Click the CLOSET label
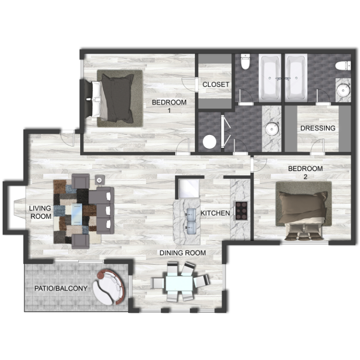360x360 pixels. [216, 84]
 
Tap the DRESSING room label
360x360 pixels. [318, 128]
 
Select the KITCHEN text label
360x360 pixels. [215, 213]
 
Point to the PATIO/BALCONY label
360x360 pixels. [61, 288]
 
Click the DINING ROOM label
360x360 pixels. [182, 253]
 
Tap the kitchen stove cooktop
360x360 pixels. [240, 211]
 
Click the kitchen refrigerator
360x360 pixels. [189, 189]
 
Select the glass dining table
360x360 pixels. [179, 284]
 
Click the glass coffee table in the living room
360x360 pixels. [76, 214]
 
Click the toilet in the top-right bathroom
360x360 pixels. [343, 66]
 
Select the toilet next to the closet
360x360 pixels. [245, 61]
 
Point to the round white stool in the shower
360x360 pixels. [209, 142]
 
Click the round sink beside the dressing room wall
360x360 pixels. [272, 130]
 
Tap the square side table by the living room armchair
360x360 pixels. [100, 180]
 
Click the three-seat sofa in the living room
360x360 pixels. [101, 210]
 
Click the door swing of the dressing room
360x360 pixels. [317, 146]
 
